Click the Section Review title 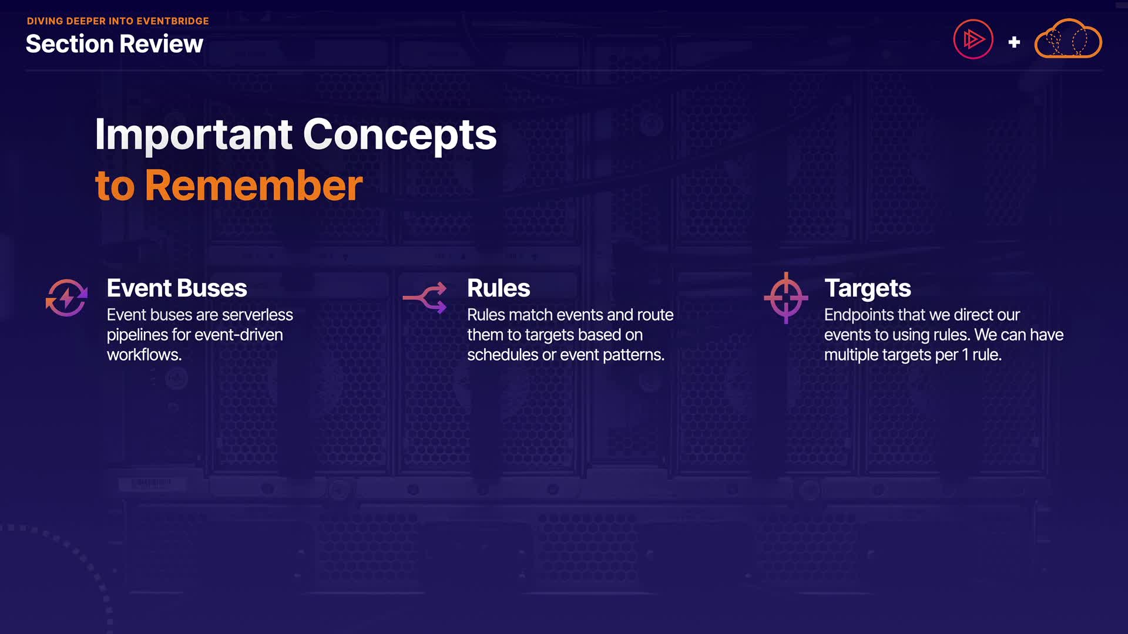click(x=115, y=44)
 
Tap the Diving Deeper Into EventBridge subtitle click(x=118, y=21)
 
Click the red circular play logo click(x=973, y=39)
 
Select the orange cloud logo click(x=1068, y=38)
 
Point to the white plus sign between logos click(x=1014, y=42)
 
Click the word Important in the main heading click(x=194, y=135)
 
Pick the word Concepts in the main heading click(x=400, y=135)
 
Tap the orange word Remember click(x=254, y=186)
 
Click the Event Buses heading click(x=177, y=288)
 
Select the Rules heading click(x=499, y=288)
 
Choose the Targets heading click(x=868, y=289)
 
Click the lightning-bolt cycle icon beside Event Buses click(x=66, y=298)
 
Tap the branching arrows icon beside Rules click(x=425, y=298)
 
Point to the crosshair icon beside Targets click(x=786, y=298)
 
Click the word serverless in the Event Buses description click(x=257, y=315)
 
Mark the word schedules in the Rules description click(x=503, y=355)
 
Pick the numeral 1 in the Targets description click(x=965, y=355)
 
